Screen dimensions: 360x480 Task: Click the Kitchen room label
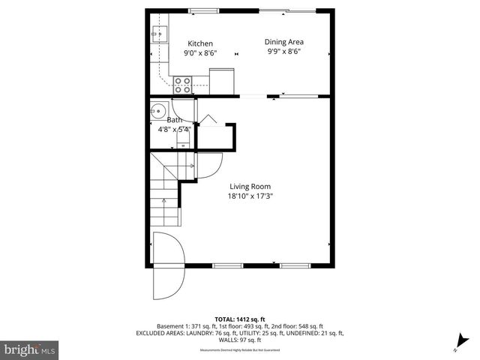coord(200,43)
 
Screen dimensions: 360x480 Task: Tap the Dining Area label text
coord(284,42)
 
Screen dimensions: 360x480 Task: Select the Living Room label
coord(250,187)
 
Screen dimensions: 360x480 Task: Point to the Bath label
coord(174,120)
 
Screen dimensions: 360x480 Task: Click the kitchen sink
coord(158,33)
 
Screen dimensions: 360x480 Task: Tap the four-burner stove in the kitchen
coord(182,84)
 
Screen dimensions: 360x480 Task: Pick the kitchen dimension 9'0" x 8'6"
coord(200,53)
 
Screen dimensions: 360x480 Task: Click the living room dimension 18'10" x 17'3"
coord(250,197)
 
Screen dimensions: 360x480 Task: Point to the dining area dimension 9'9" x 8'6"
coord(284,52)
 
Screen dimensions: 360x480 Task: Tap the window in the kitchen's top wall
coord(199,10)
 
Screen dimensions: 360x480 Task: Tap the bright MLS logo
coord(30,349)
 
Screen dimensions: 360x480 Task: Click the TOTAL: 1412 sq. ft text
coord(239,319)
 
